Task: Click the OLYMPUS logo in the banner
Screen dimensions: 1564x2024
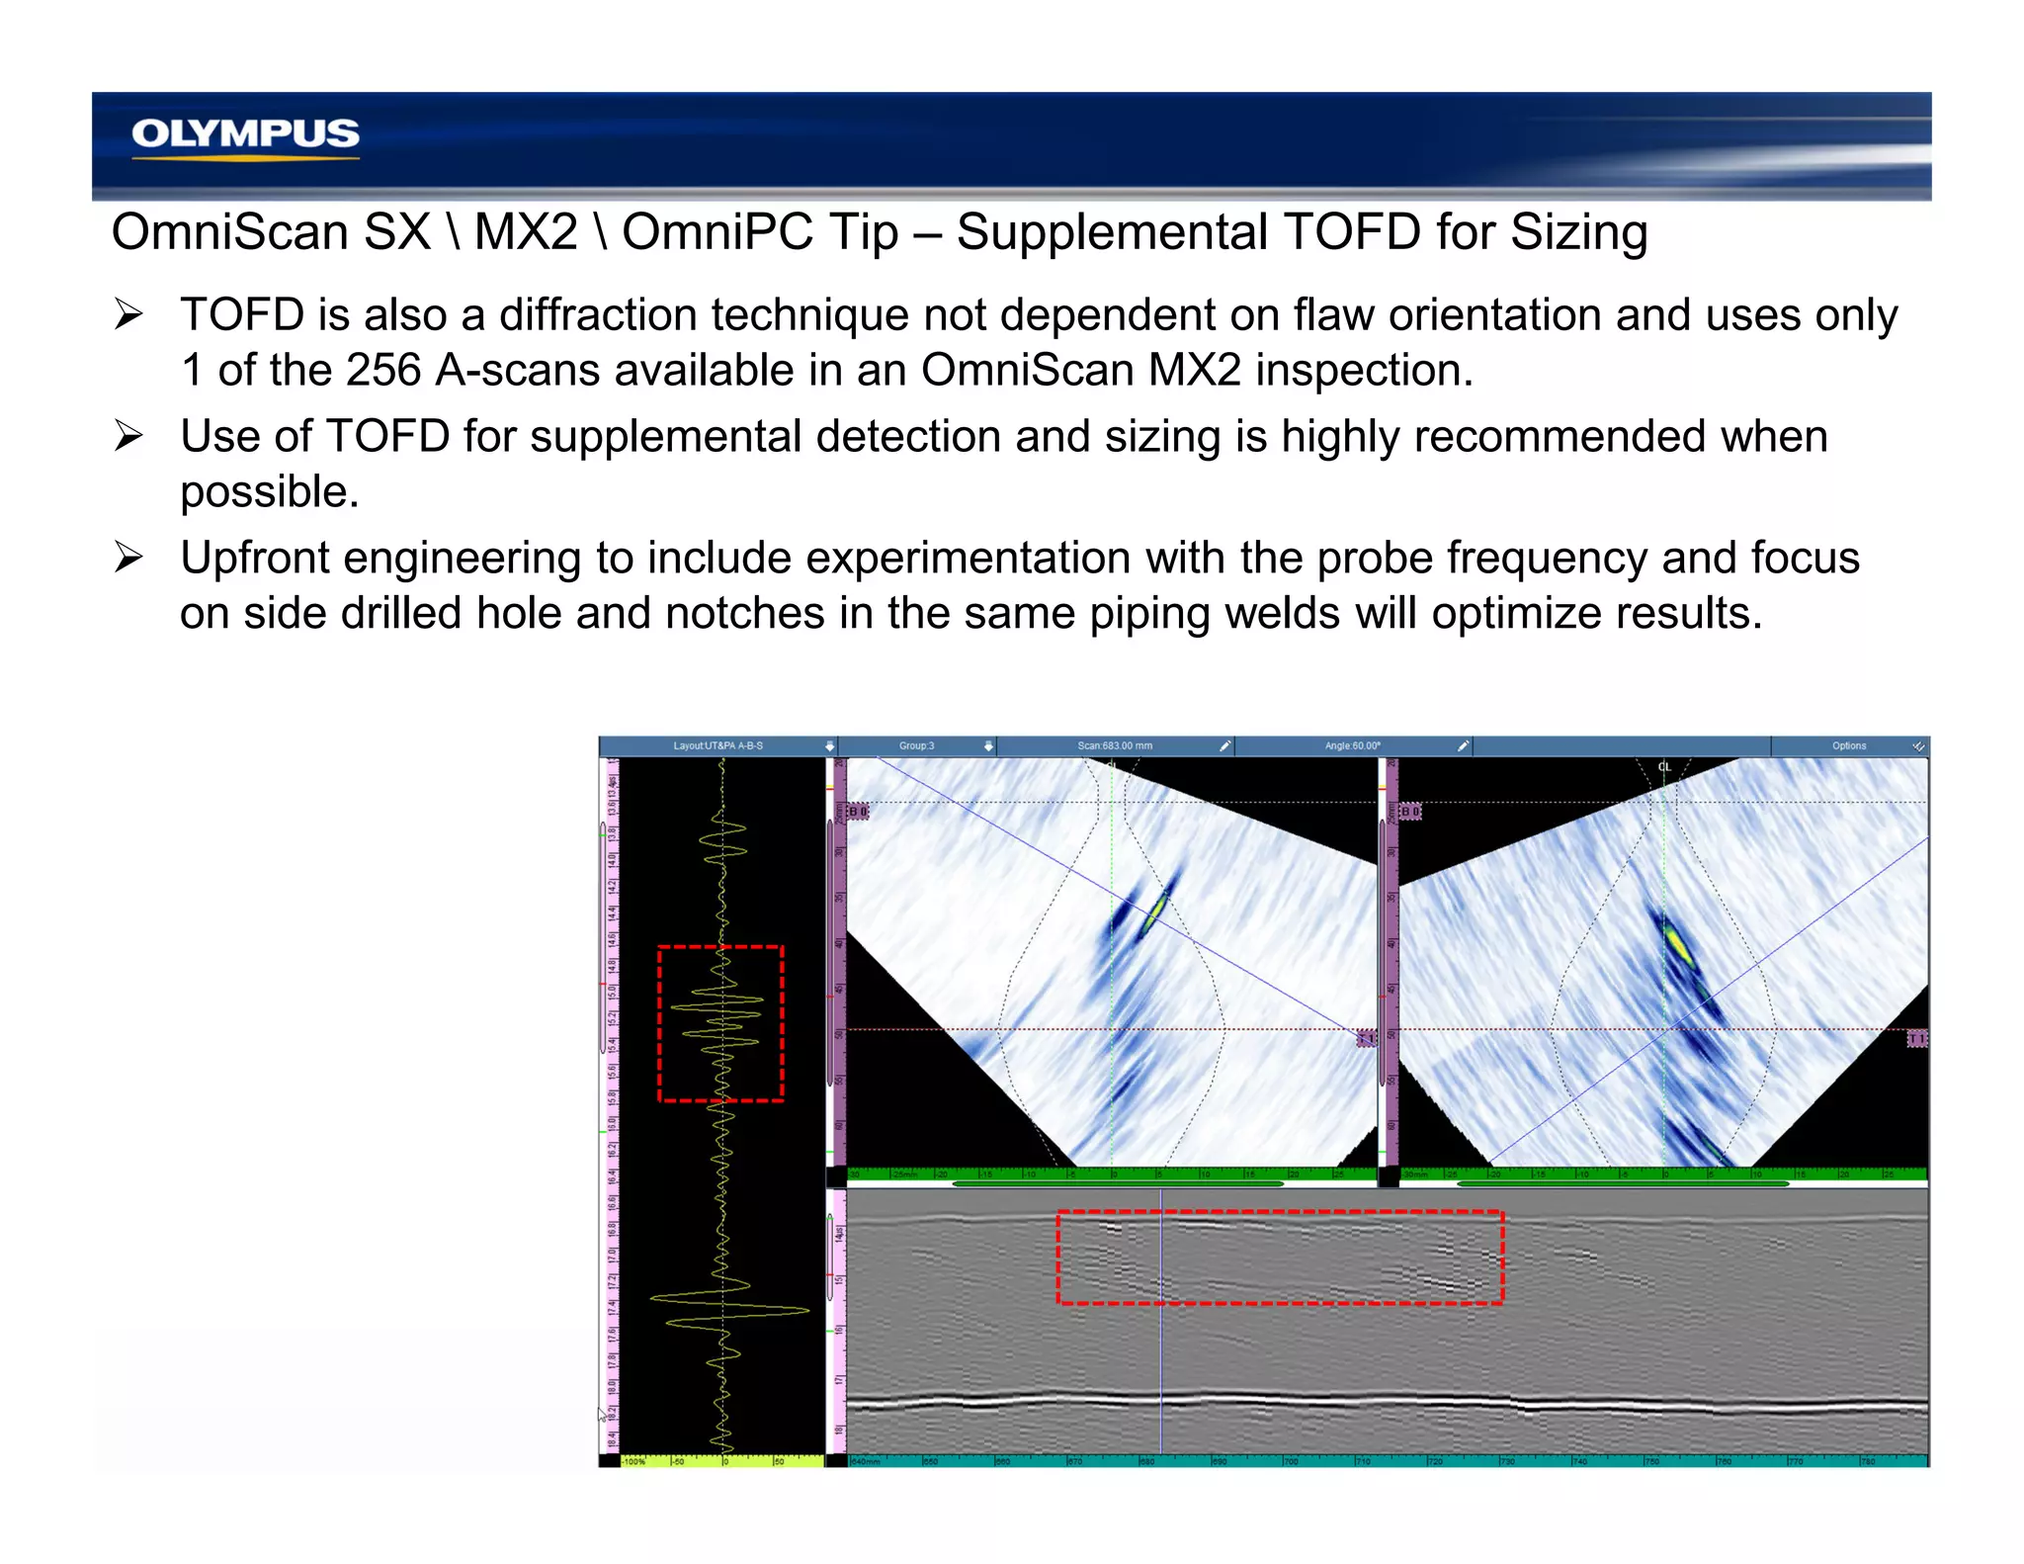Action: pyautogui.click(x=245, y=134)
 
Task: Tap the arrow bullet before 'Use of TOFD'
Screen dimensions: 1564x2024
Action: pyautogui.click(x=128, y=435)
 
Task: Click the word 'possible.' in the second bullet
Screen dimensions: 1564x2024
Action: pyautogui.click(x=269, y=492)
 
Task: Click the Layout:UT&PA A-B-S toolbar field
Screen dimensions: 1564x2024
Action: pyautogui.click(x=717, y=745)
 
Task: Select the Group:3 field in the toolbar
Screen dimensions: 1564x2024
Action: pyautogui.click(x=916, y=745)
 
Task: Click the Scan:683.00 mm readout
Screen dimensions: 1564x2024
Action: pyautogui.click(x=1114, y=745)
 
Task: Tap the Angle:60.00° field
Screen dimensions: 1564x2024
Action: pyautogui.click(x=1352, y=745)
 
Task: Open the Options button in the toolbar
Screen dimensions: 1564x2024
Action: pyautogui.click(x=1848, y=745)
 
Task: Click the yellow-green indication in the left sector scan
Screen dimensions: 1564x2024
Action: pyautogui.click(x=1155, y=912)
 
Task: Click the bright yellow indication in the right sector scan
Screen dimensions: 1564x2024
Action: pyautogui.click(x=1678, y=944)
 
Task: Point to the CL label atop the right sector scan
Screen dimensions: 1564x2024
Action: pyautogui.click(x=1664, y=767)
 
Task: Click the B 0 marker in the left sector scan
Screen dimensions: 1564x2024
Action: pyautogui.click(x=858, y=812)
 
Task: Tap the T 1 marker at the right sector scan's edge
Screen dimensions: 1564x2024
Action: pyautogui.click(x=1916, y=1039)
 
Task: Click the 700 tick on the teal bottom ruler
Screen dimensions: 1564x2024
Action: pyautogui.click(x=1290, y=1461)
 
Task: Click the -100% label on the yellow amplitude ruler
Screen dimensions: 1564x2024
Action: pyautogui.click(x=633, y=1461)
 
